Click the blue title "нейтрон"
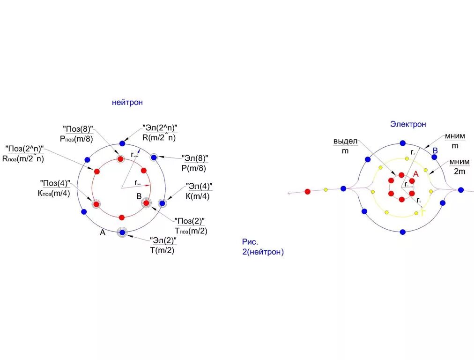click(x=127, y=102)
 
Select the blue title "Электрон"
click(x=408, y=124)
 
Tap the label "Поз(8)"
click(x=78, y=128)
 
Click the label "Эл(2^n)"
click(x=160, y=128)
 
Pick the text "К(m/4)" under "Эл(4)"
click(x=198, y=196)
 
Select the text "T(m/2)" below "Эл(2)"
click(x=162, y=250)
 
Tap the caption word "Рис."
click(x=250, y=242)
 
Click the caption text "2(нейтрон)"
click(x=263, y=252)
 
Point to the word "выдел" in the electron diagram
click(x=346, y=141)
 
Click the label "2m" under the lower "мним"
click(x=459, y=171)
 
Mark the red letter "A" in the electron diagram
click(x=415, y=174)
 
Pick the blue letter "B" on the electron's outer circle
click(x=435, y=150)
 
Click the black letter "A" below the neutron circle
click(x=102, y=232)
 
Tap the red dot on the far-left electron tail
click(x=308, y=191)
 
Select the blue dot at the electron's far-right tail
click(x=461, y=190)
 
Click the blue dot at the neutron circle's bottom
click(x=122, y=232)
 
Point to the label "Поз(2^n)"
click(x=24, y=149)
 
